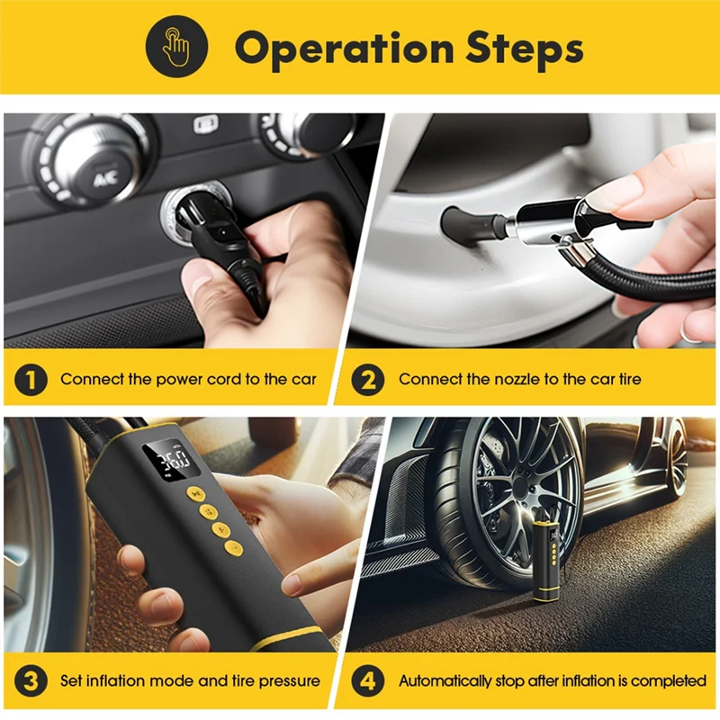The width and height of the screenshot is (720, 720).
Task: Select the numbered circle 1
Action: [31, 379]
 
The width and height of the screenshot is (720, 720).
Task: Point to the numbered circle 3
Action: [31, 680]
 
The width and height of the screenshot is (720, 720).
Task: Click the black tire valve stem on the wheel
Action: [463, 222]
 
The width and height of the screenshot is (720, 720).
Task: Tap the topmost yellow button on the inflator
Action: [193, 493]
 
